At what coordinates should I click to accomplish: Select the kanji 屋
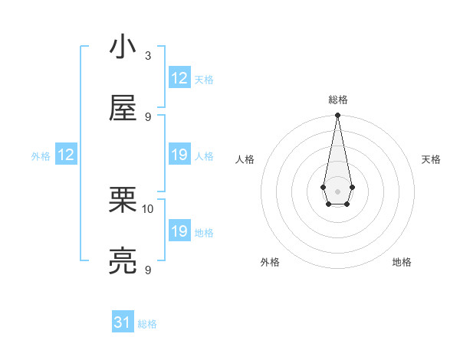[123, 109]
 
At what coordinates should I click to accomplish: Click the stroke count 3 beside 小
[148, 55]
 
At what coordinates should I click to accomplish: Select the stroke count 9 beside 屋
[148, 116]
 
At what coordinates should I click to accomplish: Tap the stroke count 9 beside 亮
[148, 270]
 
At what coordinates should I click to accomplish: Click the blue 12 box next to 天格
[179, 78]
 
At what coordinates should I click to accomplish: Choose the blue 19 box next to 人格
[179, 155]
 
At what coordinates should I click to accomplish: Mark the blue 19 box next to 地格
[179, 231]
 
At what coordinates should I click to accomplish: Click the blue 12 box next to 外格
[66, 155]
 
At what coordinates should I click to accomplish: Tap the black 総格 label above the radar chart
[337, 100]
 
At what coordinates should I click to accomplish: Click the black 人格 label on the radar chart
[245, 159]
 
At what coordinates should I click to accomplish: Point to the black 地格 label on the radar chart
[402, 262]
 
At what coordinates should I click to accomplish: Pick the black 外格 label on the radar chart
[270, 262]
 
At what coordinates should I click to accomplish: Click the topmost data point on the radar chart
[337, 115]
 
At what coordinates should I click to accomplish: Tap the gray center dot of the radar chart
[337, 190]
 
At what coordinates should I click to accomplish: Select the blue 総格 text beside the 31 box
[147, 324]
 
